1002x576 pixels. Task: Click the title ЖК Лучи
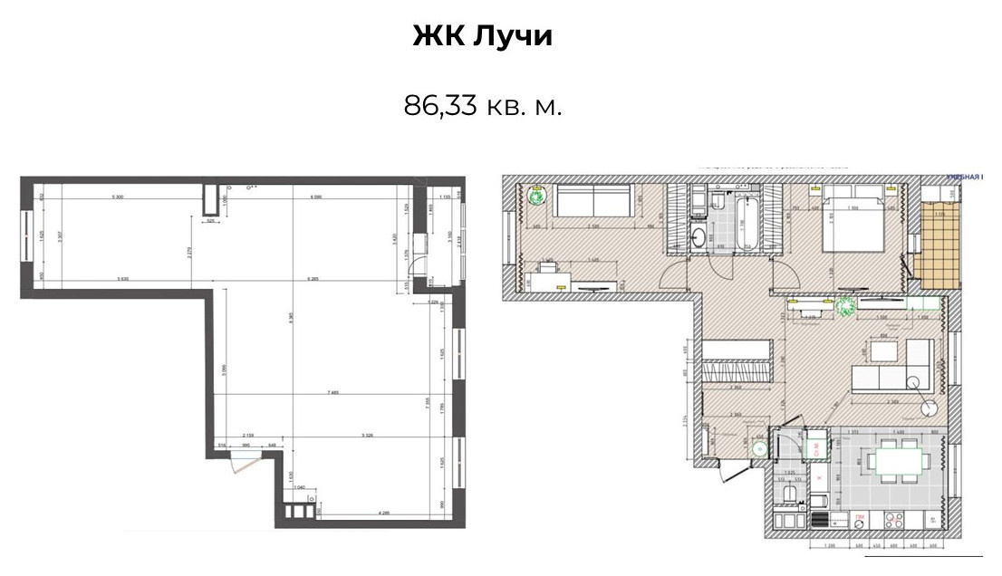point(482,36)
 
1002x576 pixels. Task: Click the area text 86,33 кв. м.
point(482,106)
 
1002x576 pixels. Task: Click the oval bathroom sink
point(701,237)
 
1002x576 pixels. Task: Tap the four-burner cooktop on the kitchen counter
point(891,521)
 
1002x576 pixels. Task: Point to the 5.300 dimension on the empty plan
point(118,197)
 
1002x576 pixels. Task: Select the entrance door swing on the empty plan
point(239,463)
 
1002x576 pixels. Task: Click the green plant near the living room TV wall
point(847,306)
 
